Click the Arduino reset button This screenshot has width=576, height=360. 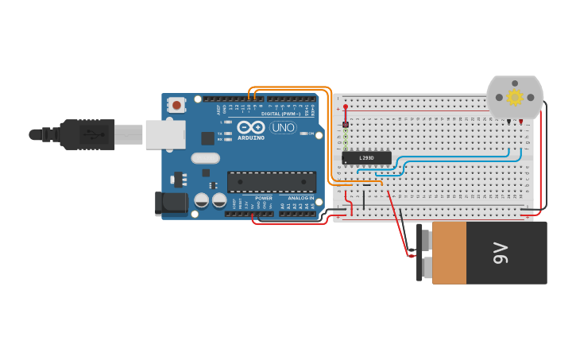tap(176, 104)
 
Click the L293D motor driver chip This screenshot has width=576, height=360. tap(366, 157)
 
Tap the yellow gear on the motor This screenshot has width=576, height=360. tap(515, 98)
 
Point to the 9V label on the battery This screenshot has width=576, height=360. tap(501, 254)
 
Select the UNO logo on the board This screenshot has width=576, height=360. tap(283, 127)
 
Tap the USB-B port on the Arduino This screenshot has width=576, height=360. tap(165, 134)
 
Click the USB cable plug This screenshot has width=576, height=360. tap(87, 134)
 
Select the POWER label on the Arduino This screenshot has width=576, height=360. tap(263, 198)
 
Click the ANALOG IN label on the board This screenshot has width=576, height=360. tap(300, 198)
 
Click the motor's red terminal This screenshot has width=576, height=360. tap(520, 122)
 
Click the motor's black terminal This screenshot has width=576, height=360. tap(508, 121)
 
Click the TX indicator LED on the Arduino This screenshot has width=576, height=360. tap(228, 133)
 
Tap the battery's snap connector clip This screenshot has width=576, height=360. tap(419, 253)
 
